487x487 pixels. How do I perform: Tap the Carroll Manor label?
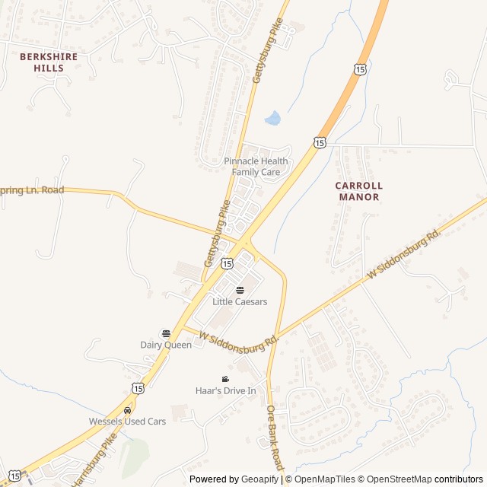358,191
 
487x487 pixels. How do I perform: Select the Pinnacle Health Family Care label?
256,166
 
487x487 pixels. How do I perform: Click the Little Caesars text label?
240,301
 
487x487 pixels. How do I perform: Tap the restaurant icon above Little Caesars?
240,289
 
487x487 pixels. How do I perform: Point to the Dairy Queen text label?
166,345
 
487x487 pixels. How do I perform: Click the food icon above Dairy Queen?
166,333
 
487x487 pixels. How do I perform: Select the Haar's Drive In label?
225,390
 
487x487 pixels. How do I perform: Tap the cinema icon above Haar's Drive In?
225,379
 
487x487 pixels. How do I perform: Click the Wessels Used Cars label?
127,421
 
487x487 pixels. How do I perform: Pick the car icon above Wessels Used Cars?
127,410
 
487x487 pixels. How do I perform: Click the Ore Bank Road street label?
275,437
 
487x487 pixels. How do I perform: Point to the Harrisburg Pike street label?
93,460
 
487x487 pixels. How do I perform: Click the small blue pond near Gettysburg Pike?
272,118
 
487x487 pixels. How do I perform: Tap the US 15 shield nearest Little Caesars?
227,263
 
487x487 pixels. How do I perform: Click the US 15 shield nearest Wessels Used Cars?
137,388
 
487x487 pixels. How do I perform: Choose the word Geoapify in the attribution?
259,479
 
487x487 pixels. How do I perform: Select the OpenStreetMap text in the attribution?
395,479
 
